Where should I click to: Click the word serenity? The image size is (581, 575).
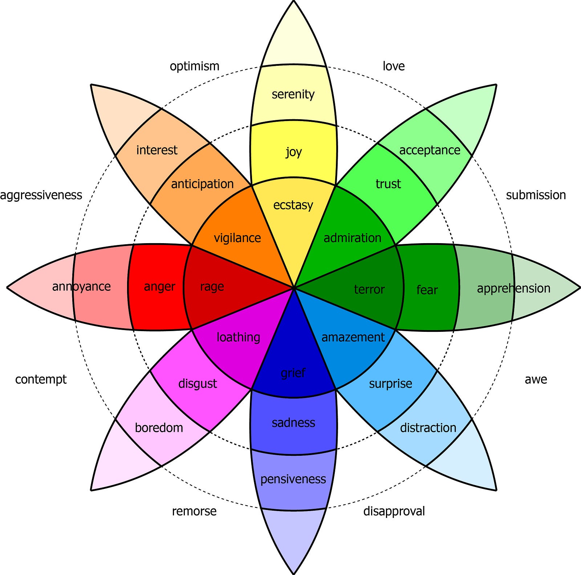point(293,95)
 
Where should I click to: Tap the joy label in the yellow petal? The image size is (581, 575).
point(293,152)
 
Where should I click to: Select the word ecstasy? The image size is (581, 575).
point(293,205)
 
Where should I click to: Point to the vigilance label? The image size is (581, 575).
point(237,238)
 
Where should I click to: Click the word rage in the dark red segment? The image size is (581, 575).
point(212,287)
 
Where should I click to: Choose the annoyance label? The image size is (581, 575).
point(81,286)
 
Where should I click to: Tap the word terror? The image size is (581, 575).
point(369,289)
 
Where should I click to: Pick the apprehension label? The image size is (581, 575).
point(513,289)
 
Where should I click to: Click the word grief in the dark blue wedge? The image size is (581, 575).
point(293,373)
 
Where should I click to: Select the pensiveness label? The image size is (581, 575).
point(293,479)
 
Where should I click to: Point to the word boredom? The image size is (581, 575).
point(159,427)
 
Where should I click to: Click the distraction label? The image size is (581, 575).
point(428,428)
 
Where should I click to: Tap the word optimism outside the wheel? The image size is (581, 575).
point(195,67)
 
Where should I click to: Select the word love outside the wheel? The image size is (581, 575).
point(394,66)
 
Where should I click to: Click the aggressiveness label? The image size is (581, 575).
point(41,196)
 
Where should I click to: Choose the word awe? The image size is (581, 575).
point(536,379)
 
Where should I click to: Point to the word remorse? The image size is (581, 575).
point(194,511)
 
